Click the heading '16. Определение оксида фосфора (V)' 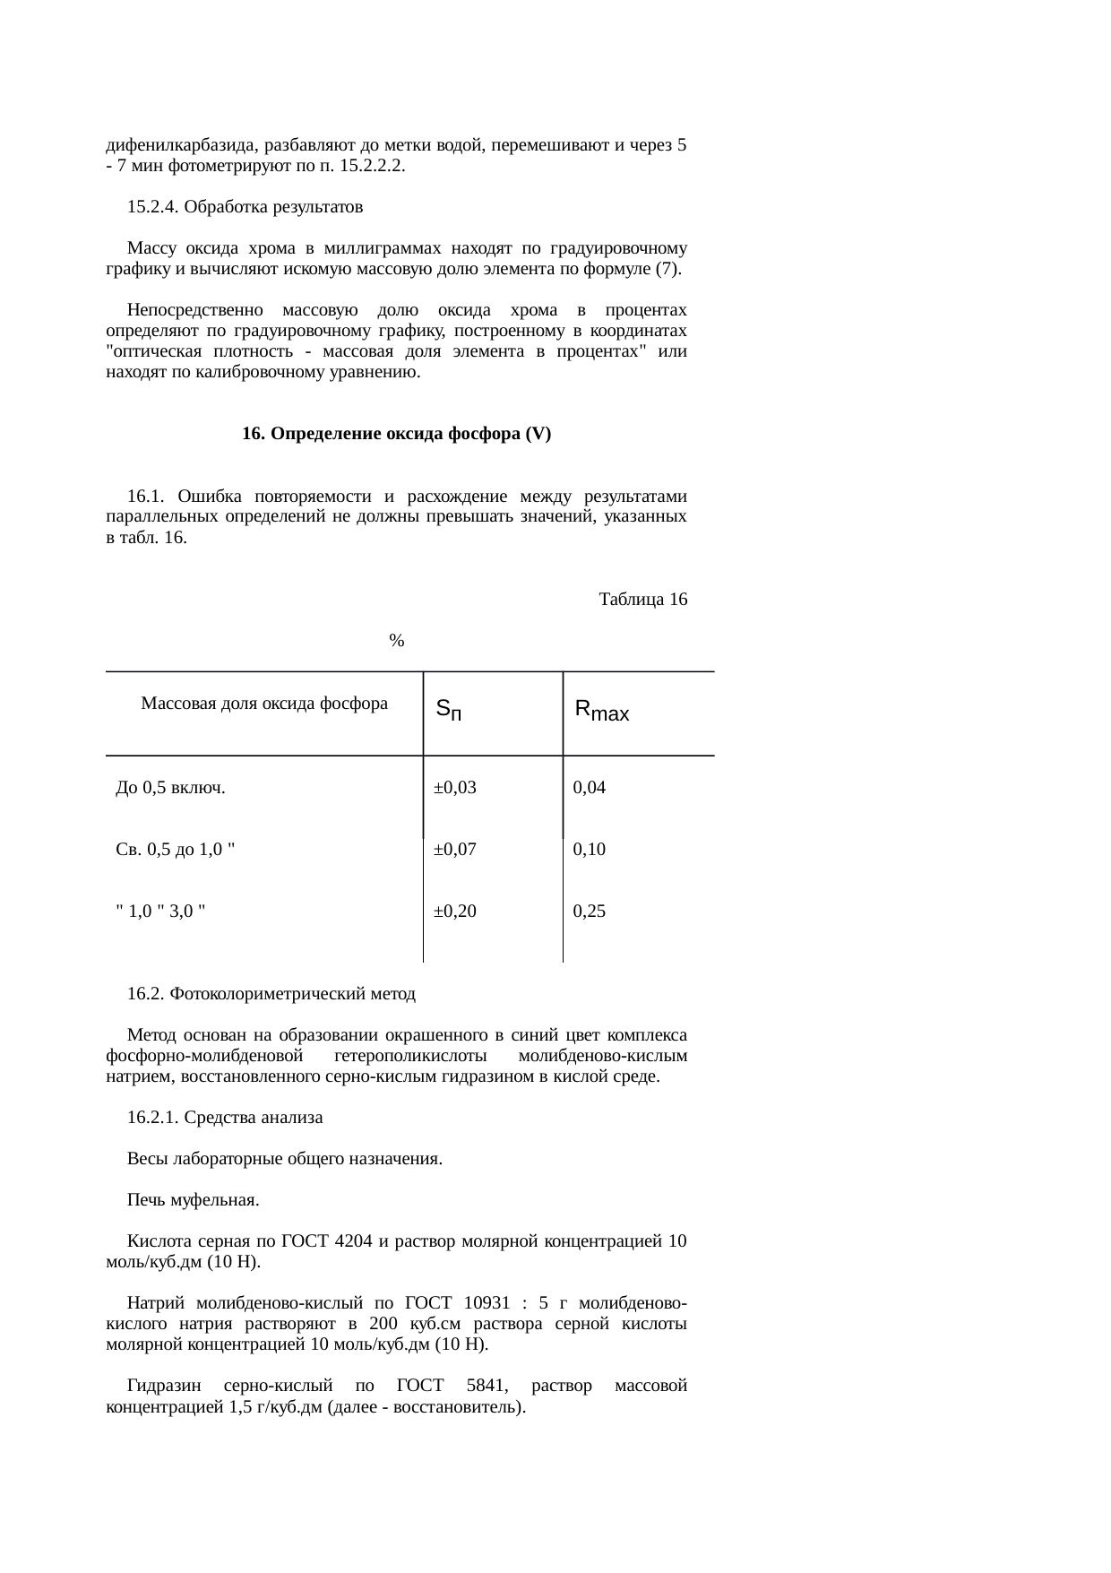[396, 434]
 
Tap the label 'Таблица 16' [642, 600]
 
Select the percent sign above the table [397, 641]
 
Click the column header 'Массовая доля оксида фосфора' [264, 704]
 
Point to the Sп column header [449, 711]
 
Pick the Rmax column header [601, 712]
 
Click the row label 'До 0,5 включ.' [170, 788]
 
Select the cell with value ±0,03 [454, 788]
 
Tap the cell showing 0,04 [590, 788]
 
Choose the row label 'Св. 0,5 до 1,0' [177, 850]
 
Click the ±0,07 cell [454, 850]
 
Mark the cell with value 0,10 [590, 850]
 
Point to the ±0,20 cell [454, 912]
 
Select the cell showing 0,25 [590, 912]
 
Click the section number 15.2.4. [151, 207]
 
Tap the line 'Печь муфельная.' [193, 1200]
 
